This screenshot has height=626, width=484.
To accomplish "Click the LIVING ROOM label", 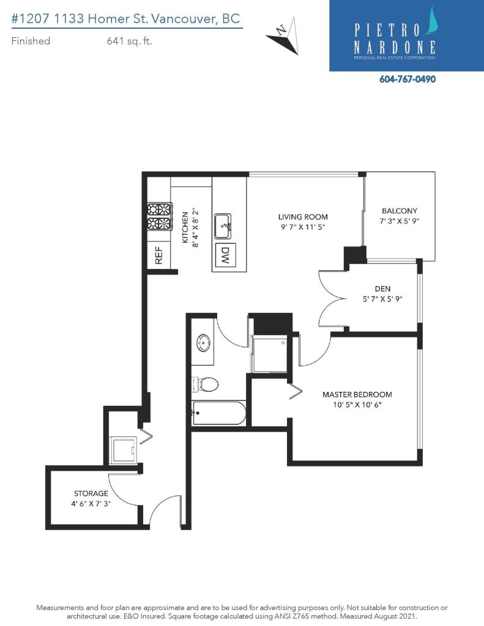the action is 303,217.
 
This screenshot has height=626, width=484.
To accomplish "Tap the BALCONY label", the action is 400,211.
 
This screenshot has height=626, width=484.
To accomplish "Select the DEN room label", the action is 382,289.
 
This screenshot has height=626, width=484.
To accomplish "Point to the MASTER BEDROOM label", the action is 357,394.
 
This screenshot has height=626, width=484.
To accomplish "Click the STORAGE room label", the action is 91,493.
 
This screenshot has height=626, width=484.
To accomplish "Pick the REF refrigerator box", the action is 158,256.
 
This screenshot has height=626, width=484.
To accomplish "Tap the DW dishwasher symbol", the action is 225,256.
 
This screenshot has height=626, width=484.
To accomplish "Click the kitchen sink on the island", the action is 223,226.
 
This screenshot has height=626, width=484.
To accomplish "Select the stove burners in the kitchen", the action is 160,216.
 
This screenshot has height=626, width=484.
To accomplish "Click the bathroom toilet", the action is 206,385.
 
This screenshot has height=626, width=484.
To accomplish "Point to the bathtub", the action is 219,413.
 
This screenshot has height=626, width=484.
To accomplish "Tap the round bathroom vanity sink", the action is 203,343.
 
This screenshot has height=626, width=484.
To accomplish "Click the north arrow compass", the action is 285,36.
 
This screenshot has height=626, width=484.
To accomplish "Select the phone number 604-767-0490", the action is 408,79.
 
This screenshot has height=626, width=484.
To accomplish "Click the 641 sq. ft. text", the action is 129,41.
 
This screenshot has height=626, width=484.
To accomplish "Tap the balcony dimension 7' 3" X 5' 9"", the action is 400,221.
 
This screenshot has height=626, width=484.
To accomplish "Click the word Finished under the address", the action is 31,41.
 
